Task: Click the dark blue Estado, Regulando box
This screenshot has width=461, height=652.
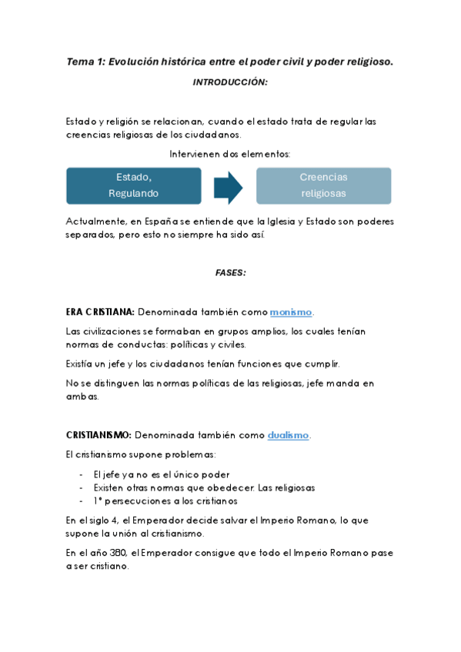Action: tap(134, 185)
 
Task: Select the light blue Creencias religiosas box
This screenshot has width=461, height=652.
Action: tap(323, 185)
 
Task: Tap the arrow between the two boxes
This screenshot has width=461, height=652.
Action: tap(228, 185)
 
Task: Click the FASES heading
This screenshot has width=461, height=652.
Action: tap(230, 272)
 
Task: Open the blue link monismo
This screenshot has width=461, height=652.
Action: tap(291, 312)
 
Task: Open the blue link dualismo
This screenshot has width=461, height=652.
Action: tap(288, 435)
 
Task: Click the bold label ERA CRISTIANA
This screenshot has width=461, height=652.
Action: tap(101, 312)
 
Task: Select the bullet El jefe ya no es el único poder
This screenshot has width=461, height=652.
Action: tap(161, 474)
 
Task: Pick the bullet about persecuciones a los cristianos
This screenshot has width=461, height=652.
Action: tap(166, 501)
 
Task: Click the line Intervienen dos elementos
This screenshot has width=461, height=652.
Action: tap(230, 154)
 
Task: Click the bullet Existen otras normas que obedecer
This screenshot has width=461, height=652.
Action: tap(204, 487)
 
